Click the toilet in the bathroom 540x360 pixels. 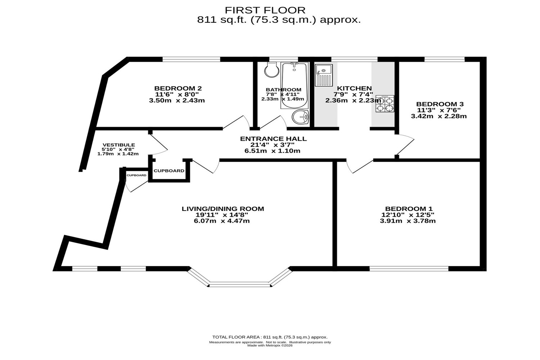click(272, 70)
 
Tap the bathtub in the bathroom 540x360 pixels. click(294, 85)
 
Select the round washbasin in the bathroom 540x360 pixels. click(300, 117)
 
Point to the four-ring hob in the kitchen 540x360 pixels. click(385, 104)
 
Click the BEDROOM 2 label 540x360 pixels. click(178, 88)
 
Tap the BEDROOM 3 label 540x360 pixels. click(440, 104)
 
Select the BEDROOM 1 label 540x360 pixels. click(409, 209)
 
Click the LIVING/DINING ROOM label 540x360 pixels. click(223, 209)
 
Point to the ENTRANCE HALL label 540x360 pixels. click(273, 139)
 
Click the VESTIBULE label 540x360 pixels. click(118, 145)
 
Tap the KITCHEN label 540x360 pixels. click(354, 88)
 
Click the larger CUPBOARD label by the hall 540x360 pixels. click(169, 171)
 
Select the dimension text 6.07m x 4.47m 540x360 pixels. click(222, 221)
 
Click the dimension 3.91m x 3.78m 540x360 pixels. click(408, 221)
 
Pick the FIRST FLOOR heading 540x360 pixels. click(265, 10)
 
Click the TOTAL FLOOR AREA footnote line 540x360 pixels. click(270, 337)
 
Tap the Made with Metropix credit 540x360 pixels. click(270, 345)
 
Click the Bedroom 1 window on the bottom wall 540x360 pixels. click(409, 269)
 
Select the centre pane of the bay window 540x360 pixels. click(240, 284)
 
